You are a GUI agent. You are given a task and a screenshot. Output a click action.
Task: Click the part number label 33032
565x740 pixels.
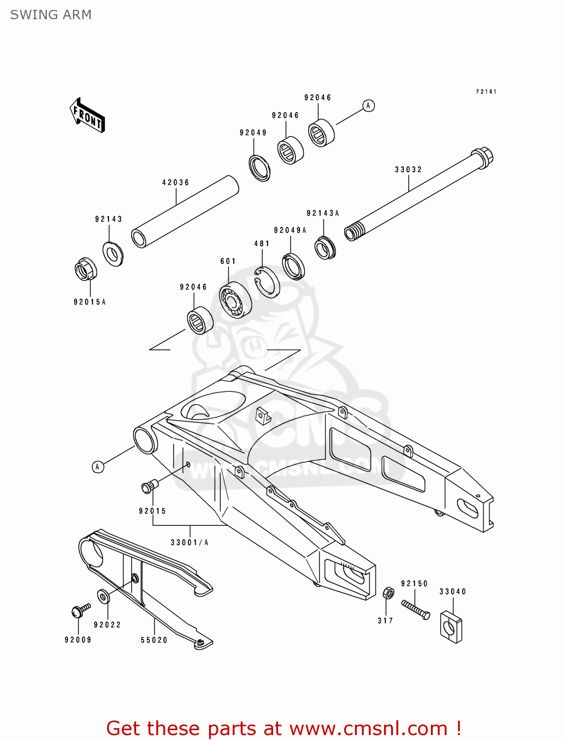(408, 170)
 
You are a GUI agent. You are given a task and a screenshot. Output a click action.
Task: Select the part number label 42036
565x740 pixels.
(176, 183)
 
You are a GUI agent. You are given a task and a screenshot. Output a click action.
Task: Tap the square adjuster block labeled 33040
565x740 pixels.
(451, 627)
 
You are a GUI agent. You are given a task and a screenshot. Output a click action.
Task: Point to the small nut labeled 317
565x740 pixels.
(388, 592)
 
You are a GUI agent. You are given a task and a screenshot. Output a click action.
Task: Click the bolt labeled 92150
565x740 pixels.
(416, 610)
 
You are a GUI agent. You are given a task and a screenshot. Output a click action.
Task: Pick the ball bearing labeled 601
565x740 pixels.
(235, 300)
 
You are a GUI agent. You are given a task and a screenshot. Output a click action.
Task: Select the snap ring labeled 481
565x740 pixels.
(267, 282)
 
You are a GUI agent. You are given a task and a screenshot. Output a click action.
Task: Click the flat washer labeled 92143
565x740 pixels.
(113, 254)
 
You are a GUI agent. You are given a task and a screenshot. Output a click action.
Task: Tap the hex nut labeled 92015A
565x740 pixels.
(85, 269)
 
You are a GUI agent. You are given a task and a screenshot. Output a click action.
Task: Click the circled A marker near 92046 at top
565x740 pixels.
(368, 106)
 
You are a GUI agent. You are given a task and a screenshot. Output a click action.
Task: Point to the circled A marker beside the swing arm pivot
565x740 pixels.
(98, 467)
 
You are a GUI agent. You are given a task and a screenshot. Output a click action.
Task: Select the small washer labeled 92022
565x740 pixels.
(103, 596)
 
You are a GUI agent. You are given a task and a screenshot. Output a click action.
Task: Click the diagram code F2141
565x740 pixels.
(486, 92)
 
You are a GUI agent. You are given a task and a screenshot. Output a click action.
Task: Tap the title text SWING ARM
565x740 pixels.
(51, 15)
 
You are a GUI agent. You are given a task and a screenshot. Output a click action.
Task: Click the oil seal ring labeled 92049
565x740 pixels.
(259, 168)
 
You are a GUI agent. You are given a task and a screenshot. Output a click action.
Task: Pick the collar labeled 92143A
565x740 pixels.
(325, 248)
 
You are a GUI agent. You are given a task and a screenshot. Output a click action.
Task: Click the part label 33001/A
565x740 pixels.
(189, 543)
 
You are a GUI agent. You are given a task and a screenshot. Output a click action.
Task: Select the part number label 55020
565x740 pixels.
(154, 640)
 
